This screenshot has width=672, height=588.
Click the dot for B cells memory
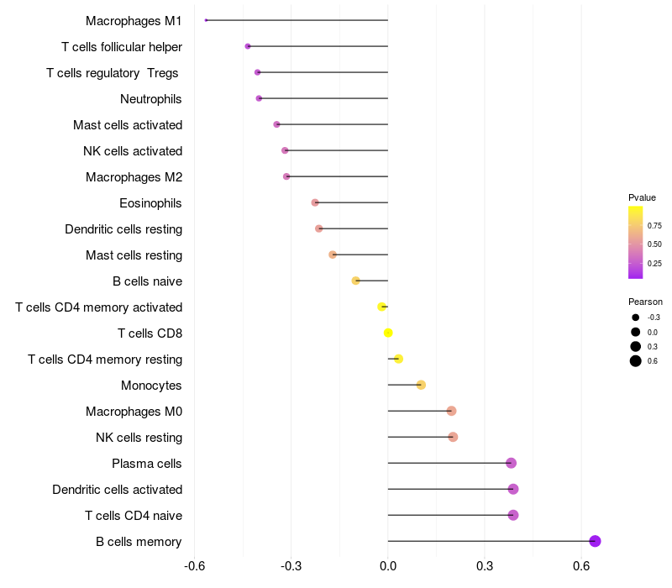coord(595,541)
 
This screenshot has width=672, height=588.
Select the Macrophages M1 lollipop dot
coord(206,20)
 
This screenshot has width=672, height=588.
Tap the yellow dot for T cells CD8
coord(388,333)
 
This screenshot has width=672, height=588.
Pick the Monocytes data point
coord(421,385)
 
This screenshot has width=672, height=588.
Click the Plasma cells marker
coord(511,464)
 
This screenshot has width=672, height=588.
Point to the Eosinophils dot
coord(315,202)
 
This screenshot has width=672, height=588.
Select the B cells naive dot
coord(355,281)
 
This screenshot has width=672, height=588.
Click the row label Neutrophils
coord(151,99)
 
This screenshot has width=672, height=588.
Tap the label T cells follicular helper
coord(122,47)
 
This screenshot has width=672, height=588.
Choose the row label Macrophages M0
coord(134,412)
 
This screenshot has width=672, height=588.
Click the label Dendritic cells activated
coord(118,490)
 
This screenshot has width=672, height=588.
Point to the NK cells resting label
coord(139,438)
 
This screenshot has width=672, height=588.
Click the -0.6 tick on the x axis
coord(195,566)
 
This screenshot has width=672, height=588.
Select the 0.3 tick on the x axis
coord(485,566)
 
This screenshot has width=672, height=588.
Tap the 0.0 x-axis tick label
coord(388,566)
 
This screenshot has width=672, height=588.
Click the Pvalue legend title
coord(642,197)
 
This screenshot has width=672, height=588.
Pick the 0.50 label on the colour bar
coord(654,244)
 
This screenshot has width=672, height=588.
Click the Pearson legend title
coord(645,302)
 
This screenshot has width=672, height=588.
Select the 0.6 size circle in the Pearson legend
coord(636,361)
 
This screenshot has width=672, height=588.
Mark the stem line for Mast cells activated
coord(332,124)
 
